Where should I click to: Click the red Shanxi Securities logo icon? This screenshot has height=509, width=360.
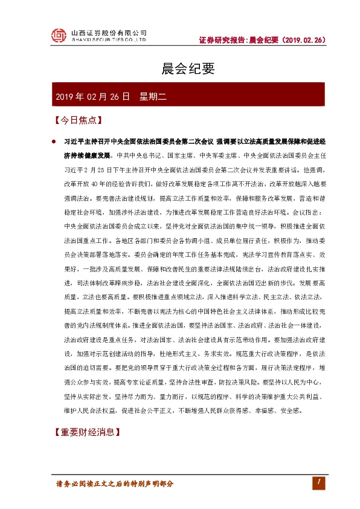pyautogui.click(x=57, y=36)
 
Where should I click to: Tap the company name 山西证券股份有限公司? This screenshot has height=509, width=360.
pyautogui.click(x=109, y=33)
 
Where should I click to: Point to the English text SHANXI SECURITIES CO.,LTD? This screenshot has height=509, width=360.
pyautogui.click(x=109, y=40)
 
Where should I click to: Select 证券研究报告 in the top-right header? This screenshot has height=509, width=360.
pyautogui.click(x=222, y=40)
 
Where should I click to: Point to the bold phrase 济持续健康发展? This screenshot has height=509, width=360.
pyautogui.click(x=85, y=155)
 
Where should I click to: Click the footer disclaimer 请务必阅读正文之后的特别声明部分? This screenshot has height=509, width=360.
pyautogui.click(x=115, y=484)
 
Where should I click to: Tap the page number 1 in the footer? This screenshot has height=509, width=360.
pyautogui.click(x=316, y=482)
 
